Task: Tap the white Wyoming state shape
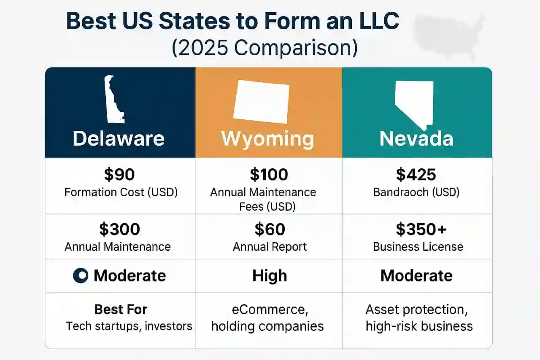coord(261,102)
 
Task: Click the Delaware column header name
coord(119,139)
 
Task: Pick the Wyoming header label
coord(267,139)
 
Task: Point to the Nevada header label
coord(416,139)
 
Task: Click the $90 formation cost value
coord(119,174)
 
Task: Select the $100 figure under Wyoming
coord(269,174)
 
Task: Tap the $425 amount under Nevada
coord(416,174)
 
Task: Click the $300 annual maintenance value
coord(119,229)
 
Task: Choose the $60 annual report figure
coord(270,229)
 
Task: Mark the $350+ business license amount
coord(421,229)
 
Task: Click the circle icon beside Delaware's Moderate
coord(81,275)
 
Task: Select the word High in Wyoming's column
coord(270,276)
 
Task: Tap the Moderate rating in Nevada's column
coord(416,276)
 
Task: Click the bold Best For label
coord(121,309)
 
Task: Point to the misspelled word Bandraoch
coord(401,192)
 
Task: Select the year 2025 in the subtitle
coord(203,48)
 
